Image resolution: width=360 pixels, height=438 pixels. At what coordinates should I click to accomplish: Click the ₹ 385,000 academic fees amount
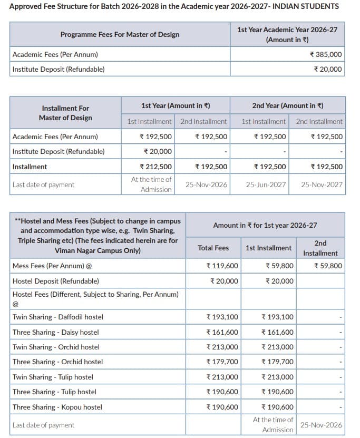(326, 54)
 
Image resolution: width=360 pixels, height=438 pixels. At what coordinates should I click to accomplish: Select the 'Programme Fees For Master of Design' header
(120, 34)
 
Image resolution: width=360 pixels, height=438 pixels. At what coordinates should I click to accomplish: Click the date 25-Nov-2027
(322, 184)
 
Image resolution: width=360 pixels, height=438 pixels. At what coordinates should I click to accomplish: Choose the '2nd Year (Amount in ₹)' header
(288, 105)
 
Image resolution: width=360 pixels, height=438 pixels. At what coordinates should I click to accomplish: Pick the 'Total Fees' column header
(213, 248)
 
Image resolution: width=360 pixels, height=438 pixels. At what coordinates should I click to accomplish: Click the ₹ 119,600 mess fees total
(222, 266)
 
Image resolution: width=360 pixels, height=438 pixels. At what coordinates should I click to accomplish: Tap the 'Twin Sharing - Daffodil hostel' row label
(58, 317)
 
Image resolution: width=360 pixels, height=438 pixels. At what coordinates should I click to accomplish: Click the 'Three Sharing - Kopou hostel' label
(57, 407)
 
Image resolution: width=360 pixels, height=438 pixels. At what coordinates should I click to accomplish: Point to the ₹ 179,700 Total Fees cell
(222, 362)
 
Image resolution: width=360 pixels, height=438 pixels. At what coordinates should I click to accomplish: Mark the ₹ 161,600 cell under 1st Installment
(278, 332)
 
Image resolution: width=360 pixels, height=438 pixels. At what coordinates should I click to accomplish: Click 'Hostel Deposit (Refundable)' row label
(55, 281)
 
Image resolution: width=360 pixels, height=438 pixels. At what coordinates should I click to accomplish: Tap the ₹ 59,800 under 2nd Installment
(328, 266)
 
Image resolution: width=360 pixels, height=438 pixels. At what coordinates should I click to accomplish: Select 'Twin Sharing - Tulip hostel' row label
(53, 377)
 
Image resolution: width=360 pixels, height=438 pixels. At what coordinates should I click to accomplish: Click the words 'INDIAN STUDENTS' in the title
(305, 6)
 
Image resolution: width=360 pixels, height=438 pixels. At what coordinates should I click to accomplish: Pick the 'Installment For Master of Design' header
(65, 113)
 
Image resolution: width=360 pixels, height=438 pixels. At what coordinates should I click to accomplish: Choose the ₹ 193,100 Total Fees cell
(222, 317)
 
